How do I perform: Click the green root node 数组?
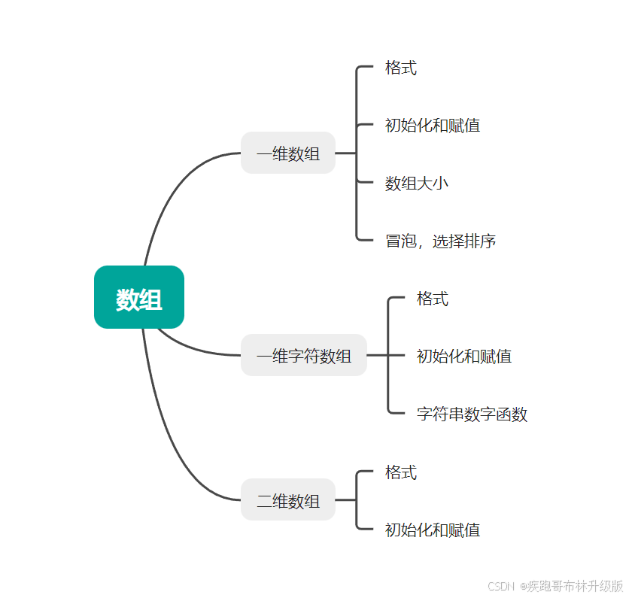click(x=139, y=298)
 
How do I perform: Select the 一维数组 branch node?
click(x=288, y=153)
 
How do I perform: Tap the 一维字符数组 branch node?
click(x=304, y=355)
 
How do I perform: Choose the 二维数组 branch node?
click(x=288, y=499)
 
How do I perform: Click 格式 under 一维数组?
click(x=401, y=68)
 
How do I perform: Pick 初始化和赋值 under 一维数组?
click(x=433, y=125)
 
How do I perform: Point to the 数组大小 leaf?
click(x=417, y=183)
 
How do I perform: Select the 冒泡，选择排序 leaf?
click(x=441, y=241)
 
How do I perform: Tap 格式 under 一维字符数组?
click(x=433, y=299)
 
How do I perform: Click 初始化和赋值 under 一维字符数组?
click(x=464, y=356)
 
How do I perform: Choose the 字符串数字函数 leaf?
click(x=472, y=414)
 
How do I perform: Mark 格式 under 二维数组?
click(x=401, y=472)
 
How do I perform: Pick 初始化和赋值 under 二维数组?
click(x=433, y=530)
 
